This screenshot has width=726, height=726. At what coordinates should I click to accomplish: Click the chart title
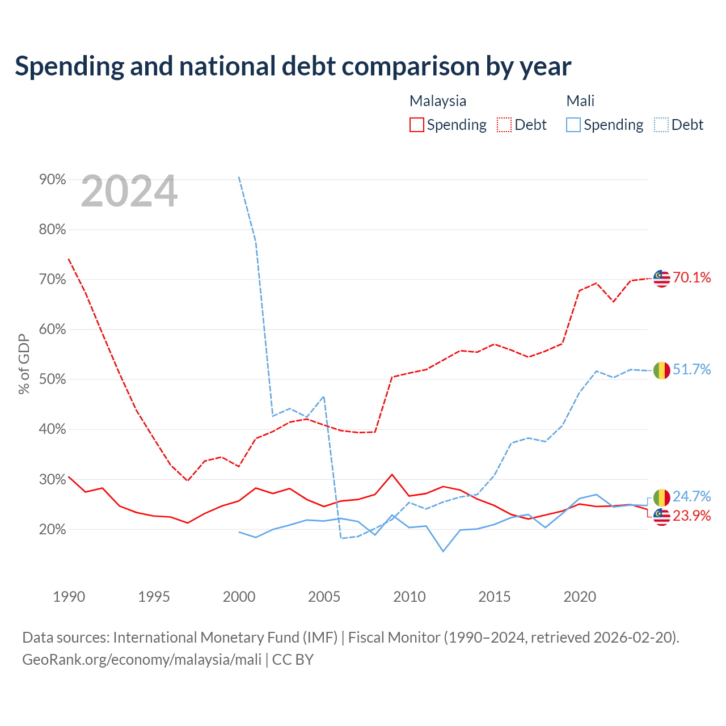[x=293, y=66]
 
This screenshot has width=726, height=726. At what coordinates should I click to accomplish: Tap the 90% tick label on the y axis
[x=52, y=179]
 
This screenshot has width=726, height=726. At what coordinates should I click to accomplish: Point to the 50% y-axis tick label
[x=52, y=379]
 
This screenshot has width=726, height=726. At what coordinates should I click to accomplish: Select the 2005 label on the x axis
[x=324, y=596]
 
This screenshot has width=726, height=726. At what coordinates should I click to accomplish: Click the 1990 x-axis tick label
[x=69, y=596]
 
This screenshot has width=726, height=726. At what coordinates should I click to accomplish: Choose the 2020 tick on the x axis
[x=580, y=596]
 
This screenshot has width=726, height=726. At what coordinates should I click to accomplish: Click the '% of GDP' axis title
[x=24, y=364]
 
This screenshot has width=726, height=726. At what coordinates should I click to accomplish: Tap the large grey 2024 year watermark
[x=129, y=191]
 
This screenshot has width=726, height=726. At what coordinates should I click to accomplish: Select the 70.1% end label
[x=692, y=277]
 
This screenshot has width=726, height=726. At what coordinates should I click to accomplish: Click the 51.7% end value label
[x=692, y=369]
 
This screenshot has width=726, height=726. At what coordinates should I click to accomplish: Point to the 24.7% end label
[x=692, y=496]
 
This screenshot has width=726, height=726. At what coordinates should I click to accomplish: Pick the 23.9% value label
[x=692, y=516]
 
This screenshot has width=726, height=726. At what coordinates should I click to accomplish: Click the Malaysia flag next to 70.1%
[x=661, y=278]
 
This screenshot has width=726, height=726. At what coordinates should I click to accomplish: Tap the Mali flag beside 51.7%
[x=661, y=370]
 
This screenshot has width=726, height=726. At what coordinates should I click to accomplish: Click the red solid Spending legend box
[x=417, y=125]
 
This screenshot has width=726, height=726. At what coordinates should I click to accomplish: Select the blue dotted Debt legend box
[x=661, y=125]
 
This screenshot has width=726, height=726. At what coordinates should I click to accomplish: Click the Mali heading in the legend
[x=580, y=101]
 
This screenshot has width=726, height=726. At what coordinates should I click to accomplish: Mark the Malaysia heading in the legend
[x=438, y=101]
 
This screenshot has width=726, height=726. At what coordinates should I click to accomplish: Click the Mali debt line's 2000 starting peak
[x=239, y=177]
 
